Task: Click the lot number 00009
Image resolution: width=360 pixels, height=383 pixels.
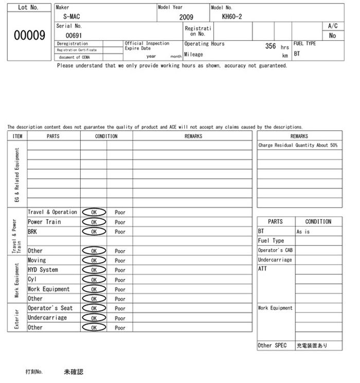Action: (29, 36)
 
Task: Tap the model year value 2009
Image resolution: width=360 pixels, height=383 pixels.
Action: (186, 17)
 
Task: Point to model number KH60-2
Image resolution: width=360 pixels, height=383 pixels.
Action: (232, 16)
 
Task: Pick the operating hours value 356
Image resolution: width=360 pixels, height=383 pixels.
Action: (271, 46)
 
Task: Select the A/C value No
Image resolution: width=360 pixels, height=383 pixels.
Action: (332, 36)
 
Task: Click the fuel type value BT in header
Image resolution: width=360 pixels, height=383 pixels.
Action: (297, 54)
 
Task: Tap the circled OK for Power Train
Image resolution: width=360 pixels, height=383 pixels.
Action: (94, 222)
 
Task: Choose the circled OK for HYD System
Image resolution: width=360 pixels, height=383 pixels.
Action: (94, 270)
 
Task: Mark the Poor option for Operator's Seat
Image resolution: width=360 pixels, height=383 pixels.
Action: (120, 308)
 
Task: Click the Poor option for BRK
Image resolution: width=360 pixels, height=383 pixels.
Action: (120, 232)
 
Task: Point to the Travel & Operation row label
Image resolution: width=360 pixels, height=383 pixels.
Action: (52, 212)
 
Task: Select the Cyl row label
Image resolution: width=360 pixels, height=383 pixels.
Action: (33, 280)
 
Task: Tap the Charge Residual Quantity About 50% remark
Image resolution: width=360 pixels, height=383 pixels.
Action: (298, 146)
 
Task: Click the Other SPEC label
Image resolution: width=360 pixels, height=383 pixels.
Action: (272, 346)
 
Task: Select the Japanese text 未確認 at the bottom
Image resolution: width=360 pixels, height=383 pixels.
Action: (74, 371)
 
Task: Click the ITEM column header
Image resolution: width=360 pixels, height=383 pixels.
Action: (17, 136)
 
